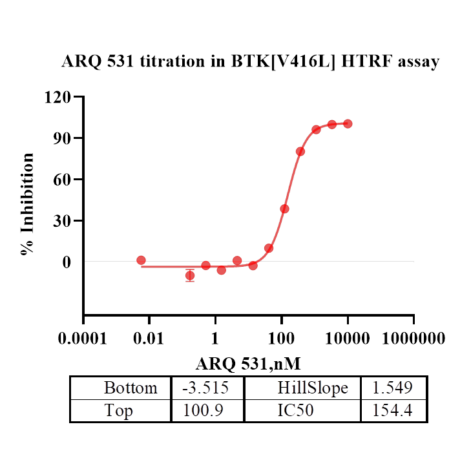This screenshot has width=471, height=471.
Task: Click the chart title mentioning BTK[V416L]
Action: click(x=251, y=62)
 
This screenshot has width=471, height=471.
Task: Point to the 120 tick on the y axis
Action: click(x=58, y=97)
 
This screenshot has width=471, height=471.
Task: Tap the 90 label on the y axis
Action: click(x=63, y=138)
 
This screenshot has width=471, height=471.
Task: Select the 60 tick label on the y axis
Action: click(x=63, y=180)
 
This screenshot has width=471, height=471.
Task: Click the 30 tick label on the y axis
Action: click(x=63, y=221)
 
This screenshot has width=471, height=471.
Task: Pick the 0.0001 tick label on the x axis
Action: click(x=83, y=339)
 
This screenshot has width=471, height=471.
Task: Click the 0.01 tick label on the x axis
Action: click(x=149, y=339)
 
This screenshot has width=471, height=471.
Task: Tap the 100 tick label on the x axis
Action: click(x=281, y=339)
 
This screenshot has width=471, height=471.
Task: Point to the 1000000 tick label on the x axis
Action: click(x=413, y=339)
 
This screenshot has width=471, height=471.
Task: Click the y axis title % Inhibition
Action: click(x=28, y=204)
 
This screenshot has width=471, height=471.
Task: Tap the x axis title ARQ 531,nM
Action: click(x=248, y=363)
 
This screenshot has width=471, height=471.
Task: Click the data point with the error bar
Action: click(x=190, y=275)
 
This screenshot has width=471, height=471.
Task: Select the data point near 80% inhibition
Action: click(x=300, y=151)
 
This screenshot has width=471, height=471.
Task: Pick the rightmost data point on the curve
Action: click(x=348, y=123)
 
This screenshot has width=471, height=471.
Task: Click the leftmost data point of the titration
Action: click(x=141, y=260)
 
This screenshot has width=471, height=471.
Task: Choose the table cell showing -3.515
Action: click(x=207, y=388)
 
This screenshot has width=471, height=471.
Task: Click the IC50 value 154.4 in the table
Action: click(x=393, y=410)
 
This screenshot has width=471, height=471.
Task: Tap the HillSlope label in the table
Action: click(x=313, y=388)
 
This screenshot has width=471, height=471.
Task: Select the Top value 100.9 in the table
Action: click(x=207, y=410)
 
